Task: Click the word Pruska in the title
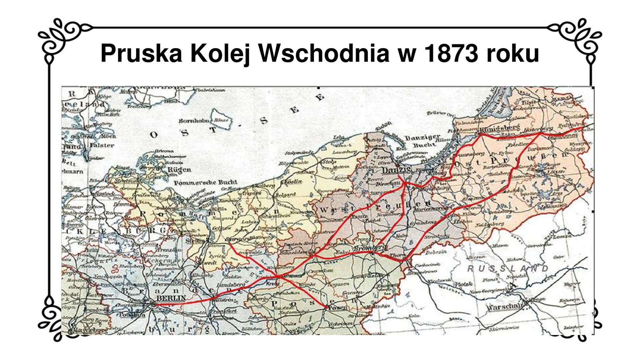[x=141, y=53]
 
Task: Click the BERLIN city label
[x=171, y=298]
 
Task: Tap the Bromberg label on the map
[x=370, y=248]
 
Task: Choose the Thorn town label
[x=398, y=255]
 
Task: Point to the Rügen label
[x=179, y=170]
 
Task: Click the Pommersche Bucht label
[x=206, y=183]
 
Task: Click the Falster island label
[x=102, y=145]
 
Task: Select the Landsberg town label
[x=231, y=285]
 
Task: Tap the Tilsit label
[x=528, y=102]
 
